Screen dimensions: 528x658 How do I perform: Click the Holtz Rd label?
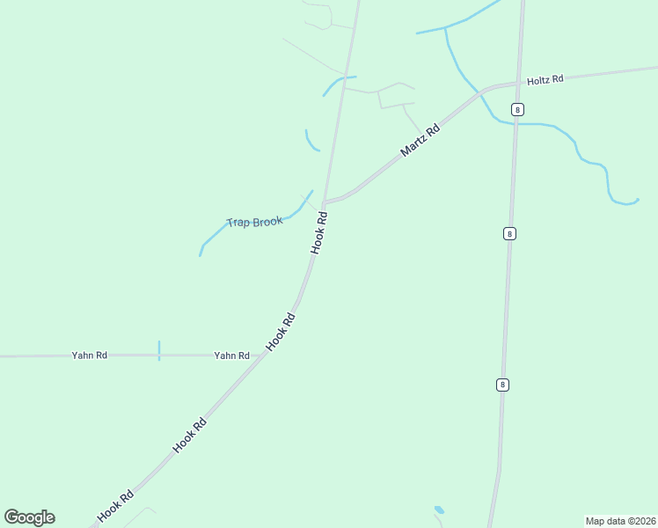(545, 80)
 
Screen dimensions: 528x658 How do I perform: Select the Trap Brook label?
(254, 222)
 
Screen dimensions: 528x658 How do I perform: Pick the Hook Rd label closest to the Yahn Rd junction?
(280, 333)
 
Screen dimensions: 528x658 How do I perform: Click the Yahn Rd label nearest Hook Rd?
(231, 356)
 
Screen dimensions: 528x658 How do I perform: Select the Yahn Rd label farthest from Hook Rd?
(89, 356)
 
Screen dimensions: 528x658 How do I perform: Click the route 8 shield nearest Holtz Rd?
(517, 109)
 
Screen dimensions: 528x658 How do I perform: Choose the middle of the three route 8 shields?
(510, 233)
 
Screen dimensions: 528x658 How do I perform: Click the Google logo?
(30, 517)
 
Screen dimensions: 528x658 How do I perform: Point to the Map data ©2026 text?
(620, 521)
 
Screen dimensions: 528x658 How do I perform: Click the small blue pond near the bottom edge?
(439, 510)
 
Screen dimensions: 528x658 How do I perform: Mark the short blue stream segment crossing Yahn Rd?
(159, 350)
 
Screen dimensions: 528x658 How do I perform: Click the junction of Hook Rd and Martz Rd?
(325, 202)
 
